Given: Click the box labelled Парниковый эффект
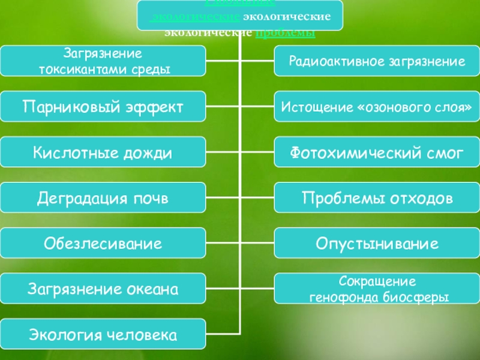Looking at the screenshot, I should (103, 107).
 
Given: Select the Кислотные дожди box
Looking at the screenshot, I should (103, 152).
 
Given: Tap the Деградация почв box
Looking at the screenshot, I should (103, 198).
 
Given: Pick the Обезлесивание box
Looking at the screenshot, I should (103, 244).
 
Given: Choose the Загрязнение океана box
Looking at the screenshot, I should (103, 289).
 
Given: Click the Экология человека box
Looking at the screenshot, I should (103, 335).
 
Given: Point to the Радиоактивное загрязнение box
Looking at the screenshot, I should (377, 61).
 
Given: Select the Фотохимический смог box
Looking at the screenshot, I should (377, 152).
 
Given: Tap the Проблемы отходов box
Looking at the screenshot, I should (377, 198).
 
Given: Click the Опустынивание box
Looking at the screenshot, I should (377, 244).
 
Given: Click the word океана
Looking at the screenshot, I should (154, 290).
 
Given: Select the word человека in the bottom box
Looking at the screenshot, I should (148, 335).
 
